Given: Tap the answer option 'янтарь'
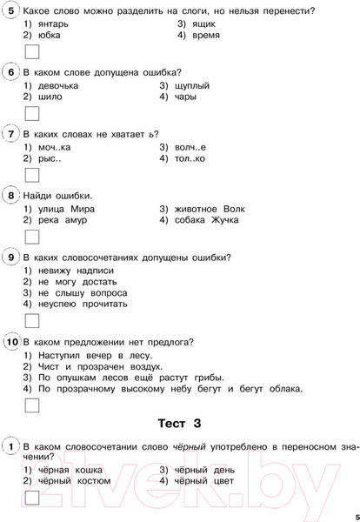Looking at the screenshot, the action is pos(53,23).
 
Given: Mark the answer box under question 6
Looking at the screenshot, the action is pos(32,113).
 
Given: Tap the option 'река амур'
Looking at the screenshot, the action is pos(58,221).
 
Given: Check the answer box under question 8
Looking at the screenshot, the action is pos(32,237).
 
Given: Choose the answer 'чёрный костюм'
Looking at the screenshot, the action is pos(72,481).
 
